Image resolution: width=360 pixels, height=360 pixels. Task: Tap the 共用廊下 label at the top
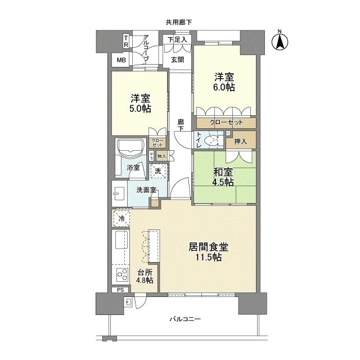(179, 22)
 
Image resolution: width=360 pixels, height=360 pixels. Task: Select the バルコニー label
(185, 319)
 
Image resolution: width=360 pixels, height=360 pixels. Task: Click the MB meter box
(121, 60)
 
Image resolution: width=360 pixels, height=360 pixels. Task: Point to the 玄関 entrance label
(178, 60)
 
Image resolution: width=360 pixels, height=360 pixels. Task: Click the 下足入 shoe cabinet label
(177, 39)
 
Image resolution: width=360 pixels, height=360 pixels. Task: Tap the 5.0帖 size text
(141, 109)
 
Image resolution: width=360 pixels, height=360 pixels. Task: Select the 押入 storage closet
(241, 140)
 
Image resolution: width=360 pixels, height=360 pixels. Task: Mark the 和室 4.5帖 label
(223, 177)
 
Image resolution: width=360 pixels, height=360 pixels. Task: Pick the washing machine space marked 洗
(157, 171)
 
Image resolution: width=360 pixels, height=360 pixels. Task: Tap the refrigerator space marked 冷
(121, 218)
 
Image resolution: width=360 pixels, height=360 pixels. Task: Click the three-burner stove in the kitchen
(121, 274)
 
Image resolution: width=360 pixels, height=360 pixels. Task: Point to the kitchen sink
(121, 240)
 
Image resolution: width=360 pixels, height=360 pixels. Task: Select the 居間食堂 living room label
(209, 247)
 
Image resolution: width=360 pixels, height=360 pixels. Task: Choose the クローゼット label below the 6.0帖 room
(226, 123)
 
